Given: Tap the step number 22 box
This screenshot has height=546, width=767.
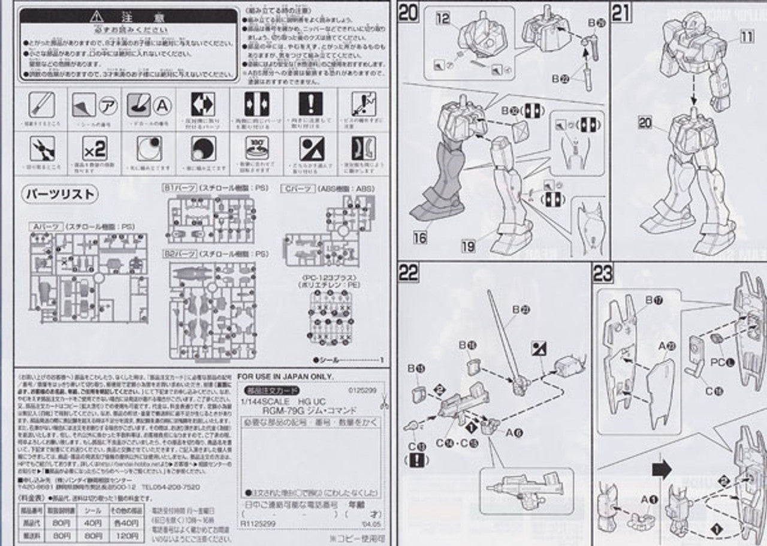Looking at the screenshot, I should point(408,273).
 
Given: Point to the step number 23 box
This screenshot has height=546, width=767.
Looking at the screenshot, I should point(603,273).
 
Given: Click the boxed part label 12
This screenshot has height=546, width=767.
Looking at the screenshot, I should point(443,19).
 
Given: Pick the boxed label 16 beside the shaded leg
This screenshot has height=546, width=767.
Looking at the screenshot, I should point(419,238).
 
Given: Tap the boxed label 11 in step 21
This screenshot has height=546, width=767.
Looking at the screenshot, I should point(747,37).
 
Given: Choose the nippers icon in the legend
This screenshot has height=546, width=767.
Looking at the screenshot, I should point(42,148).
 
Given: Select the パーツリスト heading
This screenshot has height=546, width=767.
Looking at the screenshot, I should point(59,194).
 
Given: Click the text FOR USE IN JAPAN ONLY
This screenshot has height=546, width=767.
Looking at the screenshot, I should point(286,376).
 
